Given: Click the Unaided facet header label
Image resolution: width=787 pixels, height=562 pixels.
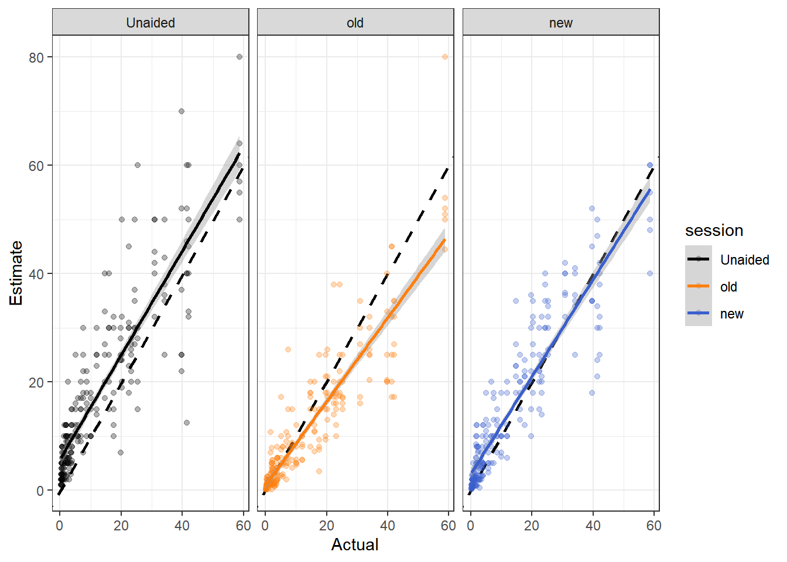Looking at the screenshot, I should (x=150, y=23).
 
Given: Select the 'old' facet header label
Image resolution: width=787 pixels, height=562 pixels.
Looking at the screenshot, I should (x=355, y=23).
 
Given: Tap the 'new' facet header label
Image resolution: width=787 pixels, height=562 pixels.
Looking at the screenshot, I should (x=560, y=23).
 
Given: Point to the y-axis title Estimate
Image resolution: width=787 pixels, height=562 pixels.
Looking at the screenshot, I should (x=16, y=273).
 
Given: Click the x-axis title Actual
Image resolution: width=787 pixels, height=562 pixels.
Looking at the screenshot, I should (x=355, y=544).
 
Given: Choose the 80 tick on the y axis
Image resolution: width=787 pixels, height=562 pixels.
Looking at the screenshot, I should (x=36, y=57).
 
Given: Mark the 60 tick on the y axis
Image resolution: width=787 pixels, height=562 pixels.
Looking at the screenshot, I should (x=36, y=166).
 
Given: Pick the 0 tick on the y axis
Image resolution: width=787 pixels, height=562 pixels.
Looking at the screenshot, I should (x=40, y=491).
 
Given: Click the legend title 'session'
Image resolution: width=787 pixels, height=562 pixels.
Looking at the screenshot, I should (x=714, y=231).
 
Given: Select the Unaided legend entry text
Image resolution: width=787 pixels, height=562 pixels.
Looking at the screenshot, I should (x=744, y=260).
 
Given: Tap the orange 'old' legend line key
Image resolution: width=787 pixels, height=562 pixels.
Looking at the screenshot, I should (x=699, y=286).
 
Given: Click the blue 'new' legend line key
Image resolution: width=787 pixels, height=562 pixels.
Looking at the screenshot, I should (x=699, y=313).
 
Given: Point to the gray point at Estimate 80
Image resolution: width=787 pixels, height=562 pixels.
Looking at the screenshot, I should (x=239, y=57).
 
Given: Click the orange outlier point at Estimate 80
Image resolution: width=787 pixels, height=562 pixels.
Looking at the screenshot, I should (x=445, y=57).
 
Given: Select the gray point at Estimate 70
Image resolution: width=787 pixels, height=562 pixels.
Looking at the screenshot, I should (x=182, y=111).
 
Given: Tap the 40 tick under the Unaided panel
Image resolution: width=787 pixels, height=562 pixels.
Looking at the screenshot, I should (x=182, y=526).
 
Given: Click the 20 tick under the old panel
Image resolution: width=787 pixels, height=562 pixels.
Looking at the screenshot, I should (x=326, y=526).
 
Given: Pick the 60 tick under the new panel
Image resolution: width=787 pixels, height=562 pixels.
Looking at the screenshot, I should (x=653, y=526).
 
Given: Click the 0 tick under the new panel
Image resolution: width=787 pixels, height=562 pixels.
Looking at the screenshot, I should (x=470, y=526).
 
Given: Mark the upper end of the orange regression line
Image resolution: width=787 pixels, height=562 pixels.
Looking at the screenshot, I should (x=444, y=240).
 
